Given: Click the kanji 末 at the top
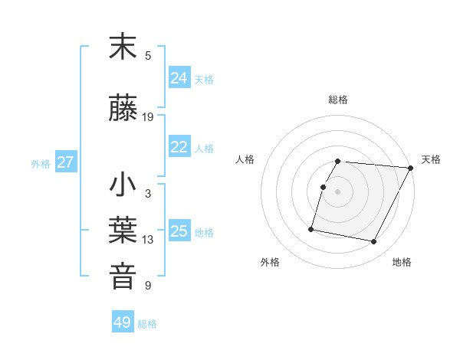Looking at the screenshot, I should [123, 47].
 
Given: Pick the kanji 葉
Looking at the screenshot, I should [123, 231].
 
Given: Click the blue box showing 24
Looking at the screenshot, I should [179, 78].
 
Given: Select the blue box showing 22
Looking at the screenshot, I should [179, 148].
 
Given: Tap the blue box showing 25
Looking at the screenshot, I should [179, 231].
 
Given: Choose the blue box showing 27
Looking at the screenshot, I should [66, 162].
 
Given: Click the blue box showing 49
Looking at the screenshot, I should [123, 322].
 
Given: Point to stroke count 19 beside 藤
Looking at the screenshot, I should [148, 117].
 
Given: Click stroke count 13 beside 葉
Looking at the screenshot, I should [148, 240].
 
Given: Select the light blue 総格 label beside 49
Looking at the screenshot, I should [147, 324].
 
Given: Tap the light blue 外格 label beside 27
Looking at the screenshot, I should [41, 163].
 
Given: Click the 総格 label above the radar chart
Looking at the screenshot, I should [338, 100].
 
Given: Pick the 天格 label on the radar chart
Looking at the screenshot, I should [432, 159].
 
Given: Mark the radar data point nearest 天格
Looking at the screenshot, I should [410, 168].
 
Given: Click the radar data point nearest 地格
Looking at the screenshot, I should [373, 242].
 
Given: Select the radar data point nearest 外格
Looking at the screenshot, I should [311, 228].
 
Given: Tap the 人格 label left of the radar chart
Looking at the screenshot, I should [245, 159].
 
